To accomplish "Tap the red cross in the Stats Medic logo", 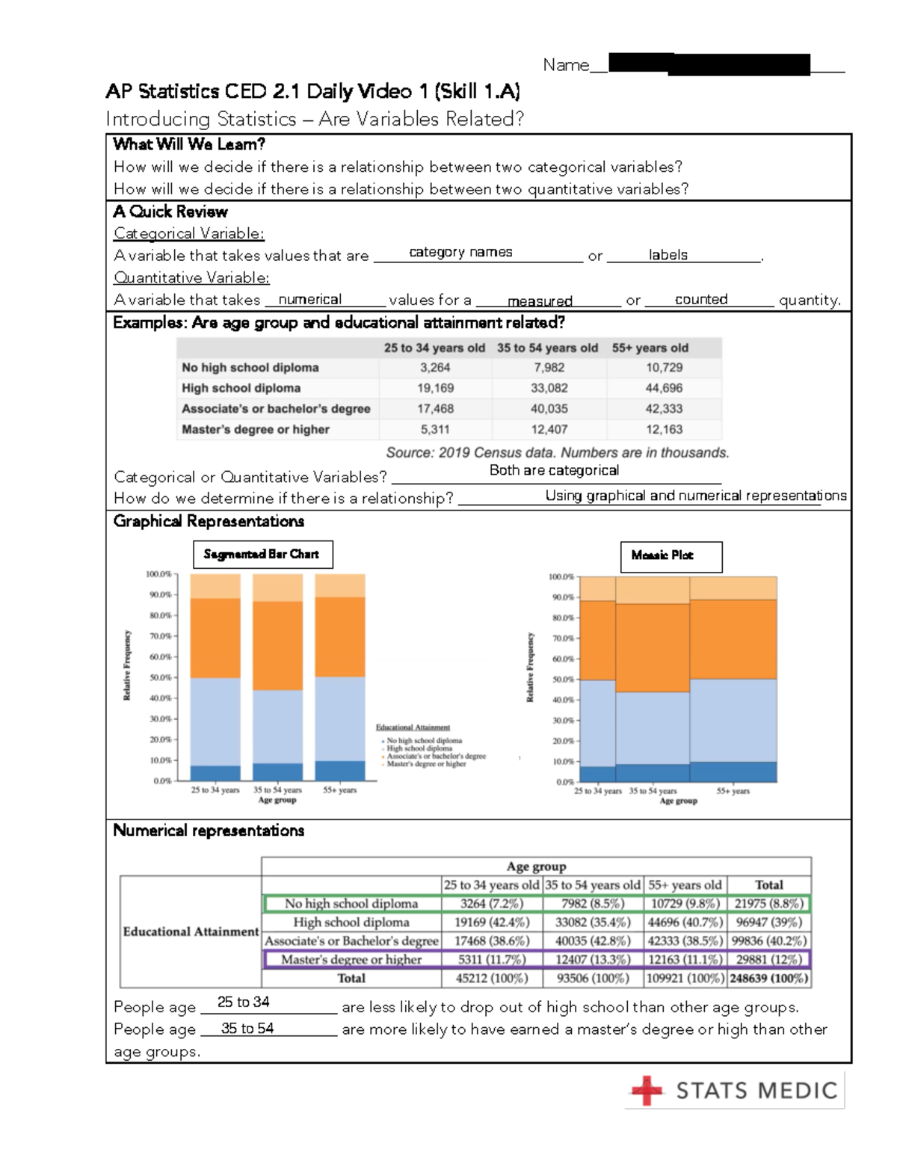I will coord(647,1090).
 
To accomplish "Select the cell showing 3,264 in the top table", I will coord(435,368).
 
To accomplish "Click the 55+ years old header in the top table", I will coord(650,348).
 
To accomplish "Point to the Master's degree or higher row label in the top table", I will coord(256,430).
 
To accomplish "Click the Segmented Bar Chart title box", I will coord(262,554).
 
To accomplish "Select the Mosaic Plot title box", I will coord(671,555).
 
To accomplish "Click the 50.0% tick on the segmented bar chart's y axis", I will coord(160,677).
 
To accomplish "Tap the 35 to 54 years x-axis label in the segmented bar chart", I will coord(277,789).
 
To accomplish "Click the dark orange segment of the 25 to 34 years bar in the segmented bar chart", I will coord(215,638).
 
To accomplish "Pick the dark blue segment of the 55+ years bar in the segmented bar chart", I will coord(340,770).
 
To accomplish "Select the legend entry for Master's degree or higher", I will coord(426,764).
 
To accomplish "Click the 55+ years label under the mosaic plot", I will coord(733,791).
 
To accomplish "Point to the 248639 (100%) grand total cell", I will coord(769,978).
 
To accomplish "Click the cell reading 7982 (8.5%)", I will coord(593,903).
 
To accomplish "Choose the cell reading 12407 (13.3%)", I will coord(593,959).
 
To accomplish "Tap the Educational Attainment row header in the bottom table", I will coord(191,931).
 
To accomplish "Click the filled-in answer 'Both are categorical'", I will coord(554,470).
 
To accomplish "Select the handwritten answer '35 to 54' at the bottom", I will coord(247,1029).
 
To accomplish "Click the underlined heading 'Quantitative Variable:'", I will coord(191,277).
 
